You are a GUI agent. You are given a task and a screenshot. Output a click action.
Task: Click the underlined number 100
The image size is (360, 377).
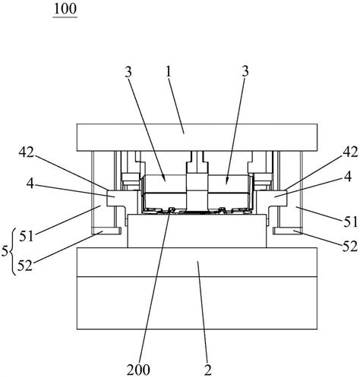pos(65,9)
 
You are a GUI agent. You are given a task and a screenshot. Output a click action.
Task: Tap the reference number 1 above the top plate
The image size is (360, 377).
pos(169,73)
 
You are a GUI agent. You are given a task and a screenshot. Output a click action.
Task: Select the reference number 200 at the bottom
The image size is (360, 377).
pos(138,370)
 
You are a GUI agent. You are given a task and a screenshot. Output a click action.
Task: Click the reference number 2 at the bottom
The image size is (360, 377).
pos(207,370)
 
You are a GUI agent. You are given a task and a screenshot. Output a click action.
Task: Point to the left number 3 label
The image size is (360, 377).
pos(128,73)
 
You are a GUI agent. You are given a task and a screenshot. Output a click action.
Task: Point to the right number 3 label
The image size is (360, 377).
pos(245,72)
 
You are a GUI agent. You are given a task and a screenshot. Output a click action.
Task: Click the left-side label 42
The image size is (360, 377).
pos(27,152)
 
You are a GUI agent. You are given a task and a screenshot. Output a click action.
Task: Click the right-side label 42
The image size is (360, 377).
pos(350,152)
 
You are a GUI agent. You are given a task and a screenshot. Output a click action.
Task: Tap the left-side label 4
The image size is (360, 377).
pos(30,184)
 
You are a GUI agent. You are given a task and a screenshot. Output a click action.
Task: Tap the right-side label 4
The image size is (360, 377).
pos(349,177)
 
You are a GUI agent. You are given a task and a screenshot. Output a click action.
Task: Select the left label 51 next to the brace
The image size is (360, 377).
pos(27,237)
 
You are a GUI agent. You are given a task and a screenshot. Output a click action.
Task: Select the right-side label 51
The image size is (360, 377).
pos(350,221)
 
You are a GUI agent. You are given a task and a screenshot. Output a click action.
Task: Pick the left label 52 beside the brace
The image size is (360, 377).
pos(25,265)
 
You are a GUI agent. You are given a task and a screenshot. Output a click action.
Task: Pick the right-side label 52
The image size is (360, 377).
pos(350,247)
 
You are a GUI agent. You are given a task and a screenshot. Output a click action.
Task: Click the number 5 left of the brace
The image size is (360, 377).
pos(5,252)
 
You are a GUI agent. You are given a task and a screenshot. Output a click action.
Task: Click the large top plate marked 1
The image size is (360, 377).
pos(197,137)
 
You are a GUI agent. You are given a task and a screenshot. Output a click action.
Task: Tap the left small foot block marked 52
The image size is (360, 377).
pos(106,231)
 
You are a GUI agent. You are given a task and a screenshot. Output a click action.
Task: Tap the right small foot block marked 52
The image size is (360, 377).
pos(288,231)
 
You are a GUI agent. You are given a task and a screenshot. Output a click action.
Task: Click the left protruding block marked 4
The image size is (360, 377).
pos(116,199)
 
